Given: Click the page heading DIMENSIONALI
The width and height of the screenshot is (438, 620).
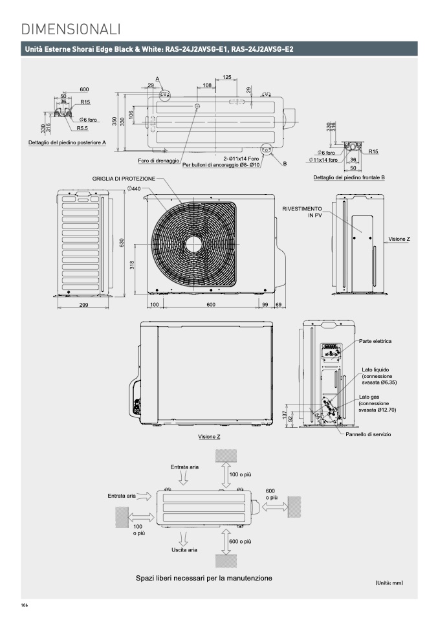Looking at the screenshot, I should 71,28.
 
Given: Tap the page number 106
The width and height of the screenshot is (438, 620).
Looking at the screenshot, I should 25,606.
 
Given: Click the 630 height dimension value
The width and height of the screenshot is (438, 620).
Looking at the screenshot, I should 121,241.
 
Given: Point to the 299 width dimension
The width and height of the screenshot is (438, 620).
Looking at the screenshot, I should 84,304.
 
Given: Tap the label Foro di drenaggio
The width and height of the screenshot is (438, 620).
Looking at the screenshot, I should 159,161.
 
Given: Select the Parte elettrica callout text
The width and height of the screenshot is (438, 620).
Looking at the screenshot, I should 375,340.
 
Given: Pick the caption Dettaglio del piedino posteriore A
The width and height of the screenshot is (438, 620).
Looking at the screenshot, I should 67,142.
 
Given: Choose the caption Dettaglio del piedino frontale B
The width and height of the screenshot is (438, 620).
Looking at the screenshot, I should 349,177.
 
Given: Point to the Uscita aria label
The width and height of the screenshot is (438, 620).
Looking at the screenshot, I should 184,549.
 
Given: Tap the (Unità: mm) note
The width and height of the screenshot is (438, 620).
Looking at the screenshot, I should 389,583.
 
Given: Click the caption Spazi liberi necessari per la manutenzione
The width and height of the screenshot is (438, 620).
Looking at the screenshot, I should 204,578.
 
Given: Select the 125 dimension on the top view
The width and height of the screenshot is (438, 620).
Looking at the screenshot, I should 227,77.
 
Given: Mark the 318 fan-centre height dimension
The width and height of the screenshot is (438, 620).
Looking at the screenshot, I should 132,265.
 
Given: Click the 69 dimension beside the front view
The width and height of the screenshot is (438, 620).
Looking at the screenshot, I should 279,304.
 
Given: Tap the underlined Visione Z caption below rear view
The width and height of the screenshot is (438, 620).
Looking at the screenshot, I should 209,437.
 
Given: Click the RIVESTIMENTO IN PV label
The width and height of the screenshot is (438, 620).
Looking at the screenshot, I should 302,212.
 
